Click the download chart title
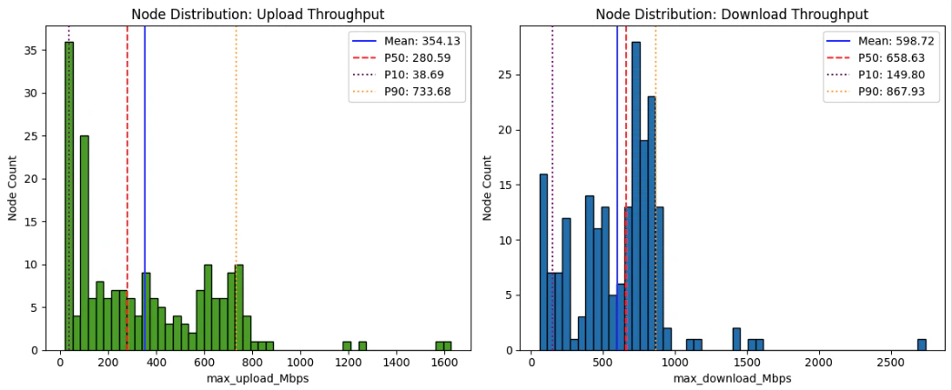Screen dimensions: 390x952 point(731,14)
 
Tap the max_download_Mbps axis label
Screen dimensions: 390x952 point(731,377)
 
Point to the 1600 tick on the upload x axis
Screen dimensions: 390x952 point(444,362)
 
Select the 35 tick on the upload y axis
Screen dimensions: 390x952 point(39,51)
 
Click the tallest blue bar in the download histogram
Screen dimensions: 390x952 point(635,195)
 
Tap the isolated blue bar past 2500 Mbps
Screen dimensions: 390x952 point(921,345)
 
